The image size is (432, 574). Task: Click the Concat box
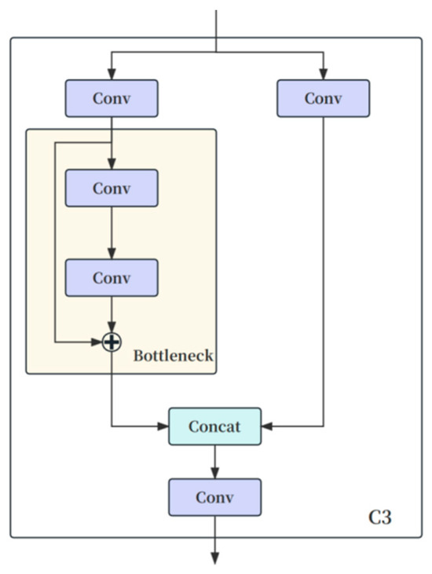[x=214, y=426]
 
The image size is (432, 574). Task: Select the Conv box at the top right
[x=323, y=98]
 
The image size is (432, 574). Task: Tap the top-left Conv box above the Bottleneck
[x=112, y=98]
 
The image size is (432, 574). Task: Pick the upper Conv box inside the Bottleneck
[x=112, y=188]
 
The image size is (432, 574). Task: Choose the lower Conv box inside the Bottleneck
[x=112, y=278]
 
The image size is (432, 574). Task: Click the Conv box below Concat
[x=214, y=497]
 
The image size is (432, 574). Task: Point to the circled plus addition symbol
[x=112, y=342]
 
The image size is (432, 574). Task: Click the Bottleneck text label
[x=173, y=356]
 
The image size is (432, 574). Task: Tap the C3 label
[x=380, y=517]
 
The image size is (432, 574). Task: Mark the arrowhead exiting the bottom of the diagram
[x=214, y=558]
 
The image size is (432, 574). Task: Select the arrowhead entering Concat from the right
[x=266, y=426]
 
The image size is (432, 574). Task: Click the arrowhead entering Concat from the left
[x=163, y=426]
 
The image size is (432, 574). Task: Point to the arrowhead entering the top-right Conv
[x=323, y=75]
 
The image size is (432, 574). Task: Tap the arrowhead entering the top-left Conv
[x=112, y=75]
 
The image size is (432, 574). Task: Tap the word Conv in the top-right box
[x=323, y=98]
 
